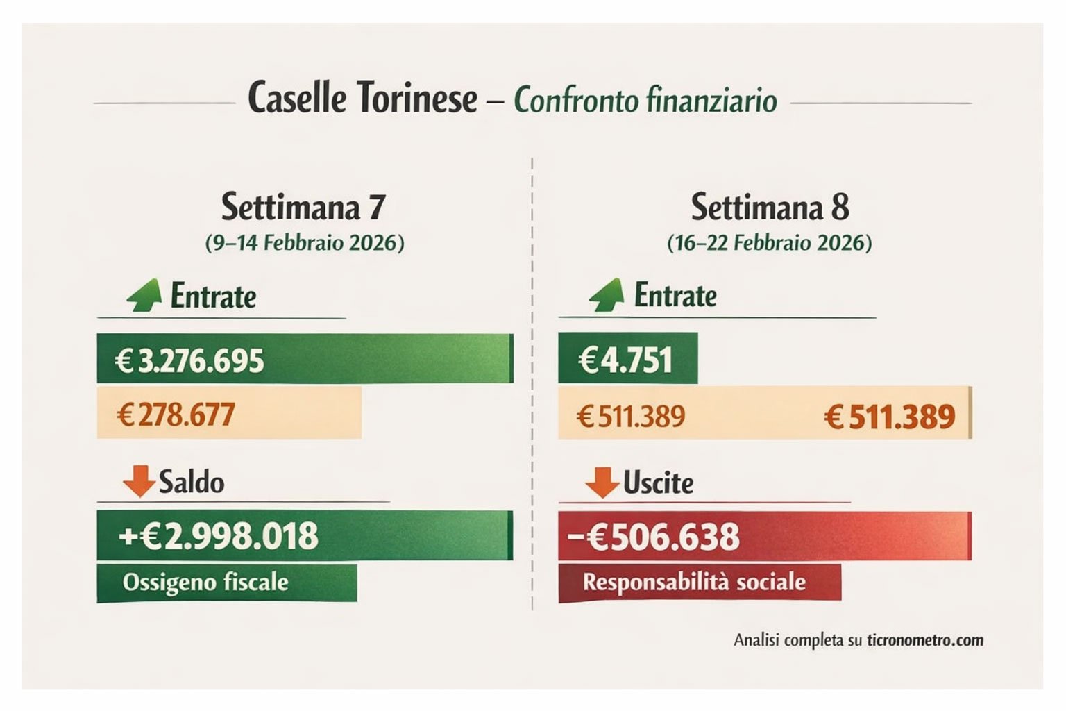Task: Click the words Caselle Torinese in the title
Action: point(362,98)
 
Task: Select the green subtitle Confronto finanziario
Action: point(645,100)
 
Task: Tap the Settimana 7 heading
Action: point(303,206)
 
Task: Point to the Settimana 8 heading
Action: point(770,206)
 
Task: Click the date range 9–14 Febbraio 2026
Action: point(304,243)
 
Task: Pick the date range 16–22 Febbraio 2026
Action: point(769,243)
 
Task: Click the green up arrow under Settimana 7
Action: point(144,295)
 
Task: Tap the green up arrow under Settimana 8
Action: point(607,295)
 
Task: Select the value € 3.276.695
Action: point(189,361)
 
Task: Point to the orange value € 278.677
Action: point(176,415)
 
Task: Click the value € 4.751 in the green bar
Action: point(625,360)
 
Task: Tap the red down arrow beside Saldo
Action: point(139,481)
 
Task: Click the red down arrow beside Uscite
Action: point(602,482)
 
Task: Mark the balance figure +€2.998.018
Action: point(219,536)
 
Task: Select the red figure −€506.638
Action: point(653,537)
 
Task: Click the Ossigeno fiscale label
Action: point(205,582)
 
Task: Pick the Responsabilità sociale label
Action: point(694,582)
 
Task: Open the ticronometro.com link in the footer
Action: point(924,640)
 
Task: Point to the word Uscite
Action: point(658,483)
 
